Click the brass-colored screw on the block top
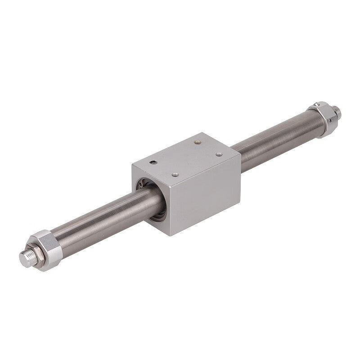point(197,144)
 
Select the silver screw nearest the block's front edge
point(176,175)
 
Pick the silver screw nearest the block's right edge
point(219,154)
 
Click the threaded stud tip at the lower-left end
point(26,258)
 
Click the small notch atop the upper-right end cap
point(318,104)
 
